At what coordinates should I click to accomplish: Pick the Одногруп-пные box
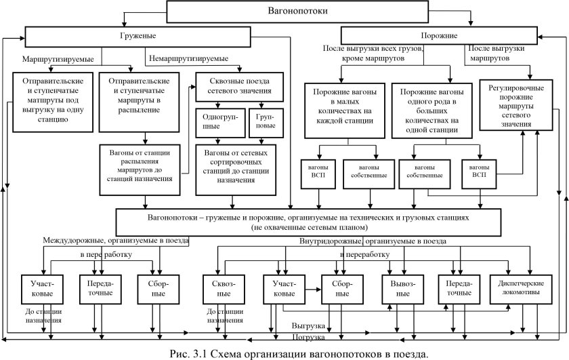point(217,121)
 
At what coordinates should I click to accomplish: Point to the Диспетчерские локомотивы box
point(519,289)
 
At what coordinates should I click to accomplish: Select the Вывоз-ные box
point(404,289)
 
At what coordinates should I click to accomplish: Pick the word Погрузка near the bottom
point(309,337)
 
